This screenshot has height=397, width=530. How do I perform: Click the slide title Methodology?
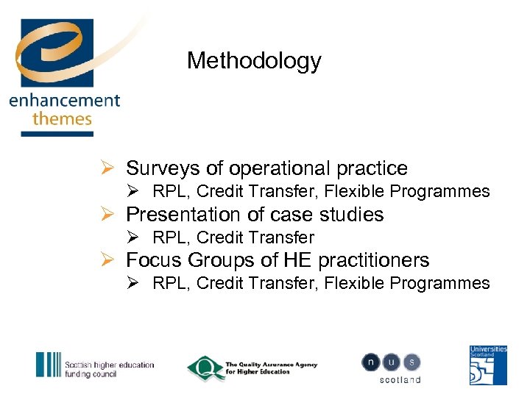(x=254, y=60)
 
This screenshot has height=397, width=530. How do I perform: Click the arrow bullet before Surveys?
(x=107, y=168)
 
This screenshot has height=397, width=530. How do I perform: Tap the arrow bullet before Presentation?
(x=107, y=215)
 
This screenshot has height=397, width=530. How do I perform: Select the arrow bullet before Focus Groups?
(x=107, y=260)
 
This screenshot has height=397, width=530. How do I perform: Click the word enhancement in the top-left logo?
(x=64, y=100)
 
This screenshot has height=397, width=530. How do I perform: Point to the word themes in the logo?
(x=62, y=118)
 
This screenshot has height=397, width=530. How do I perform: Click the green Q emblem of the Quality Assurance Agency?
(x=204, y=368)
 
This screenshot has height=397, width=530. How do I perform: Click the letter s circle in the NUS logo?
(x=412, y=362)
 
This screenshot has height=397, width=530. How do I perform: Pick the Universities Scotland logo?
(x=489, y=365)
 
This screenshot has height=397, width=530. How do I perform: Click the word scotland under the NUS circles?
(x=400, y=380)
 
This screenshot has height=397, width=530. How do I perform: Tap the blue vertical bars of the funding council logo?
(x=49, y=365)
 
